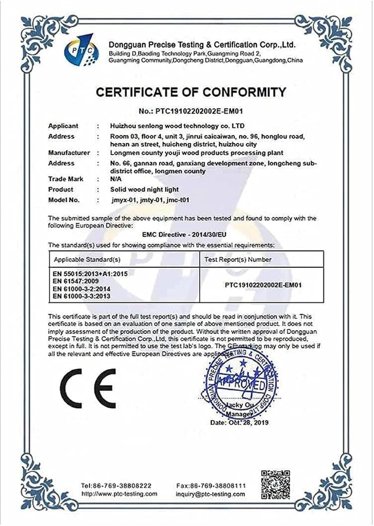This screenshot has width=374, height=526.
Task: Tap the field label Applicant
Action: click(x=63, y=126)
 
